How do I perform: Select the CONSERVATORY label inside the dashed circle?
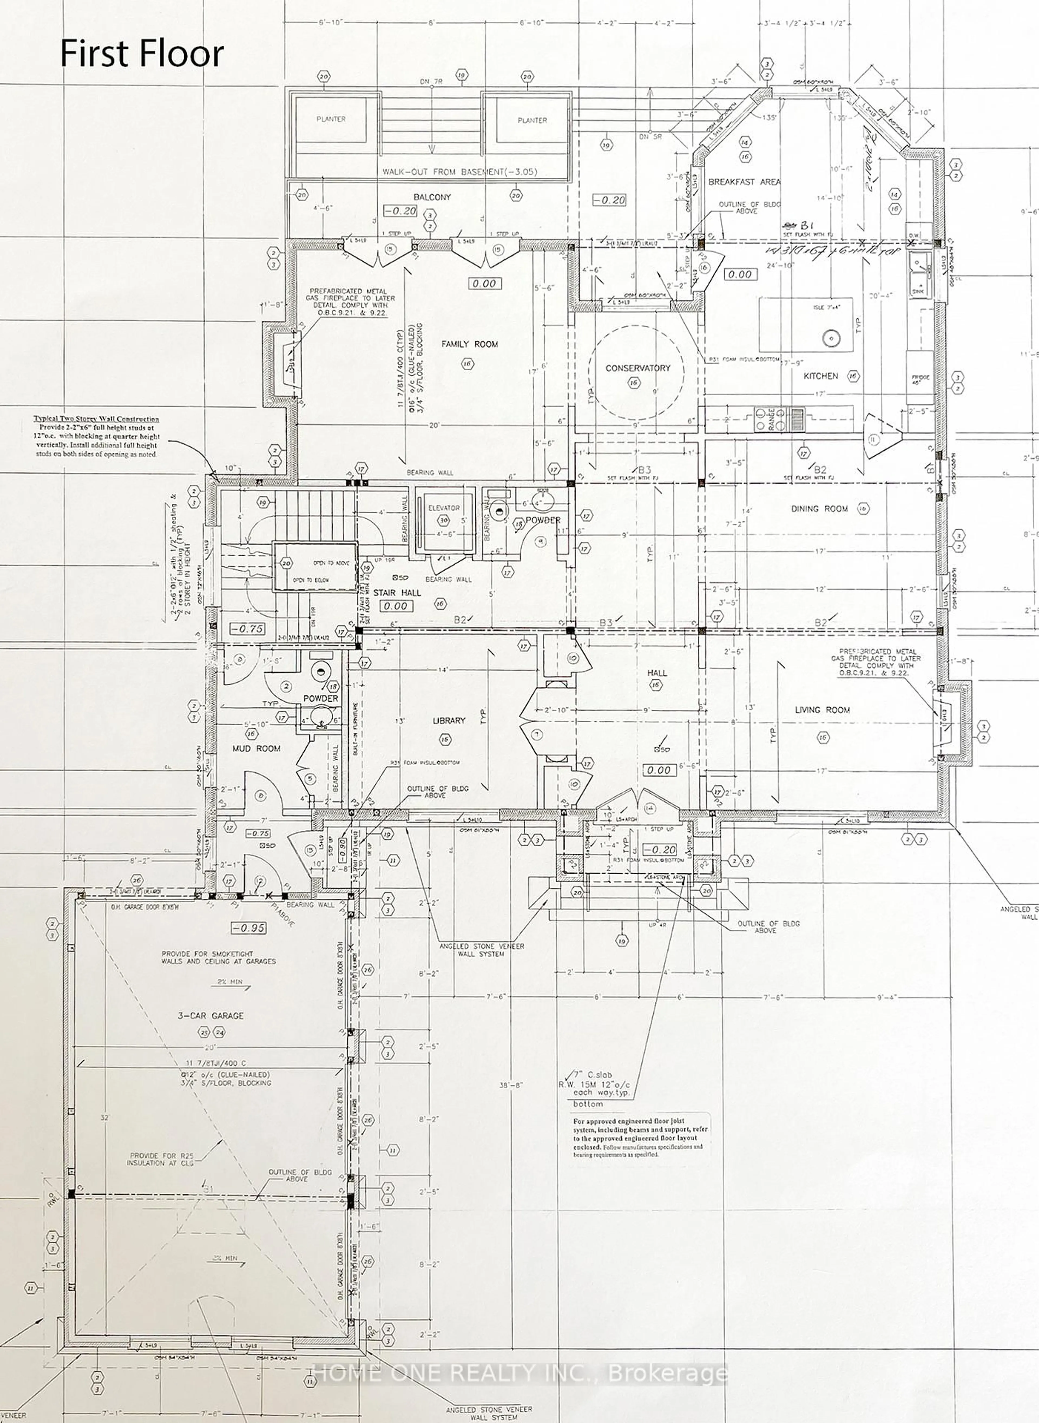(x=638, y=368)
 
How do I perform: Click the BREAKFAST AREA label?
(x=744, y=182)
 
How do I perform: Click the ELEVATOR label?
(x=444, y=507)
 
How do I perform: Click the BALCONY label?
(x=432, y=197)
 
